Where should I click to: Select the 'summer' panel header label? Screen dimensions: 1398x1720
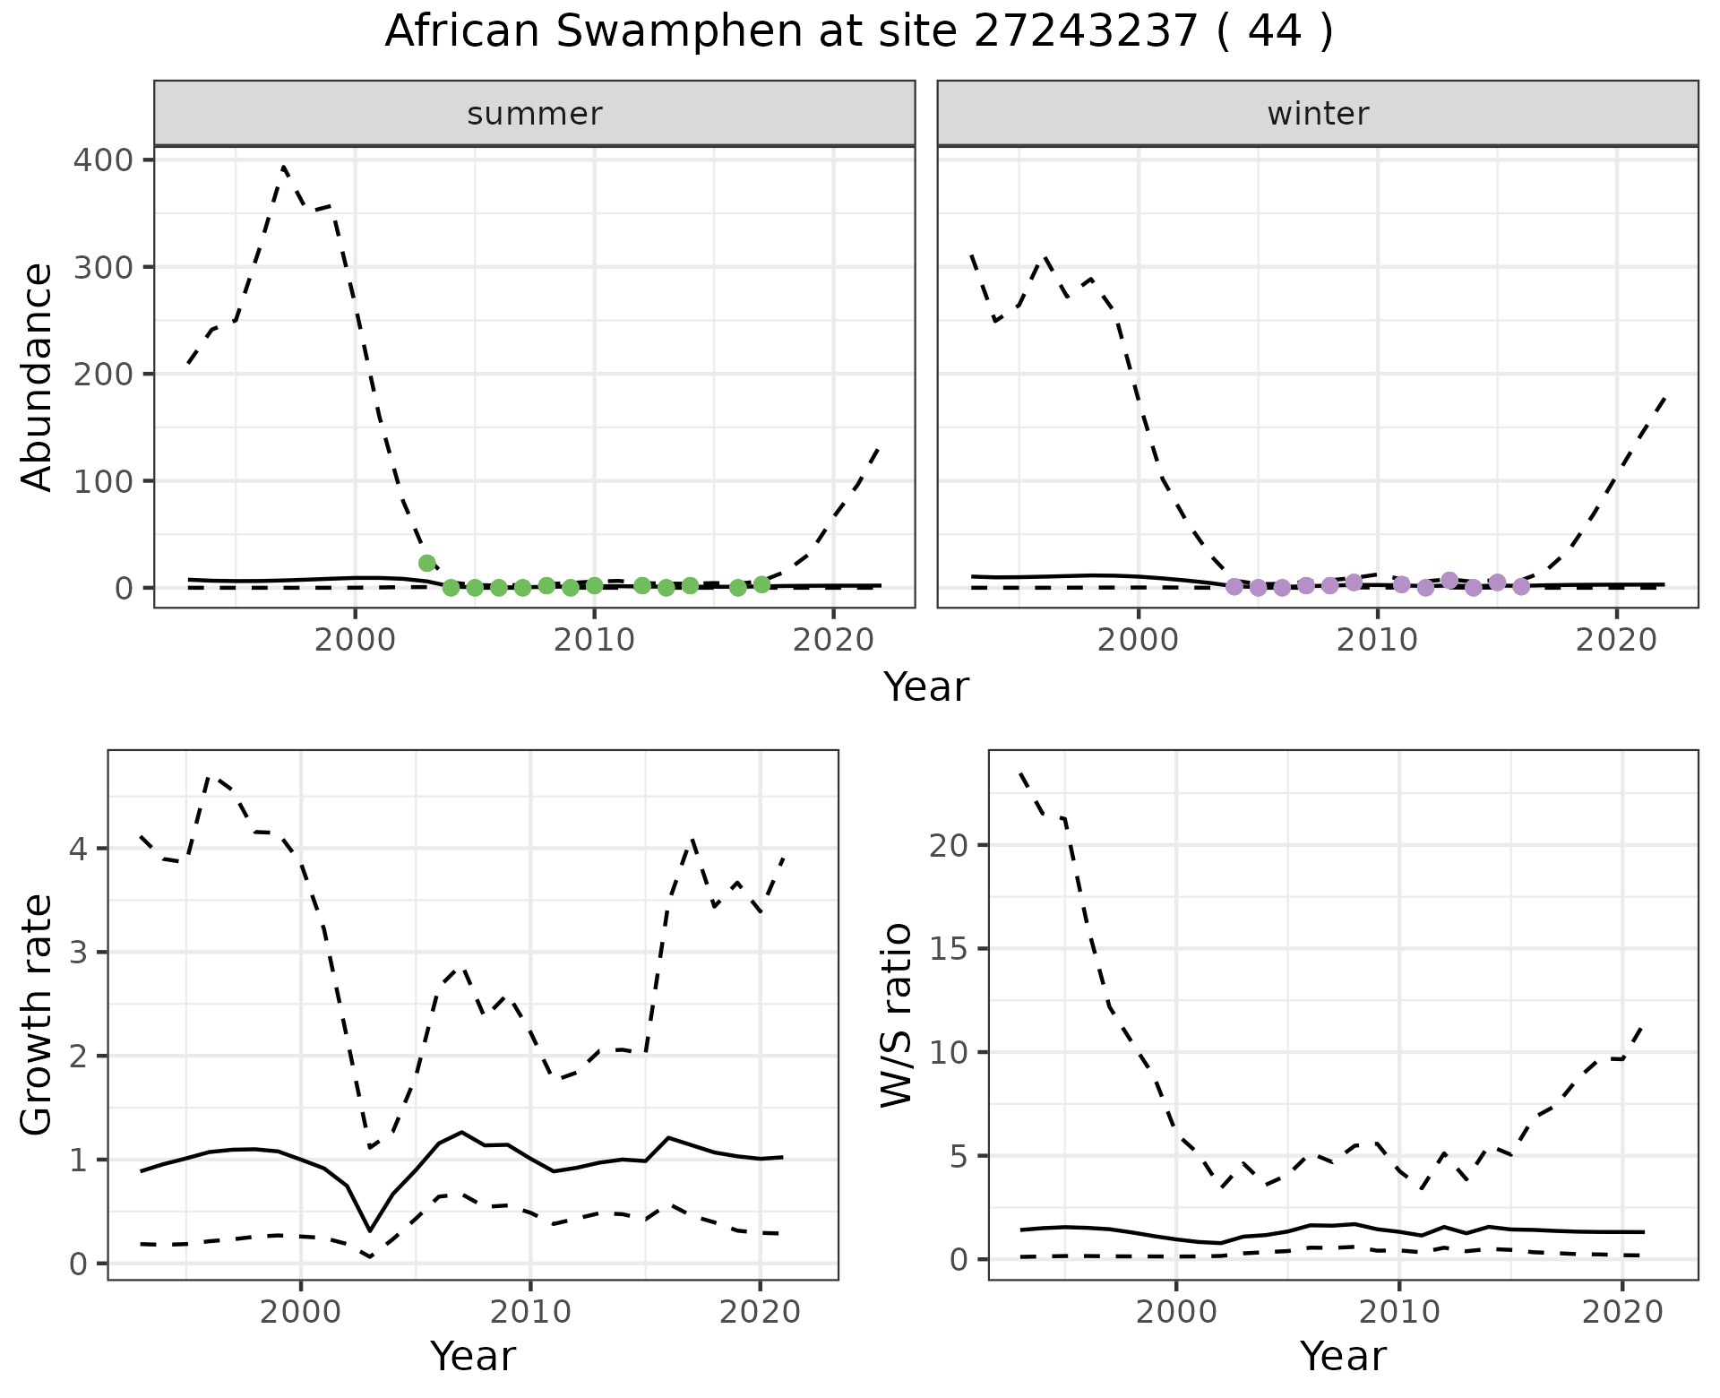535,114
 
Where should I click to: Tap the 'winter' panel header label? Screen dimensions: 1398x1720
1318,114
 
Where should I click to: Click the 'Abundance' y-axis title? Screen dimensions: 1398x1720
37,376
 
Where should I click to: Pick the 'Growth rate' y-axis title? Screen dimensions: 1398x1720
37,1015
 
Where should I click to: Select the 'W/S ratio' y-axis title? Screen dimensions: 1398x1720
896,1015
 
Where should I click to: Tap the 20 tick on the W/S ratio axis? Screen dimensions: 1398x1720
949,845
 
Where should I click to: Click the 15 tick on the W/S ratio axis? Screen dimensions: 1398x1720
949,948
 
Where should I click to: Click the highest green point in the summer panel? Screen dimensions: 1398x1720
427,563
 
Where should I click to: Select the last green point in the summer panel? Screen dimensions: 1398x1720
761,584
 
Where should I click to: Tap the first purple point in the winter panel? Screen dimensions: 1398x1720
1234,586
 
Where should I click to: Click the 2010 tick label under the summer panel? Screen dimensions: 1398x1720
594,640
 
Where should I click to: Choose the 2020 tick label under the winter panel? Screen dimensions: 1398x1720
1616,640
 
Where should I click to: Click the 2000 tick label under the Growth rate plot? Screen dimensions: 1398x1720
301,1313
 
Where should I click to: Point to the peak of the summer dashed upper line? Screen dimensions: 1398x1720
284,167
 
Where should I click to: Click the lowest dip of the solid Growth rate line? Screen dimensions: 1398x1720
370,1230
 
